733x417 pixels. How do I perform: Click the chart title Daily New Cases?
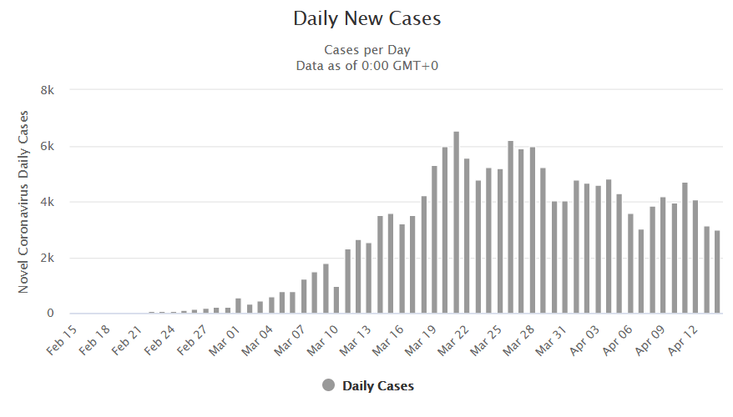click(x=366, y=18)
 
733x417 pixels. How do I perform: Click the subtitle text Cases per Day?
click(x=366, y=49)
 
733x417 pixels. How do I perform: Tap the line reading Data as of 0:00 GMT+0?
click(x=366, y=64)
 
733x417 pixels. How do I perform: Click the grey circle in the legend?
click(x=328, y=385)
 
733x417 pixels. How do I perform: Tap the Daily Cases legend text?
click(x=377, y=385)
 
